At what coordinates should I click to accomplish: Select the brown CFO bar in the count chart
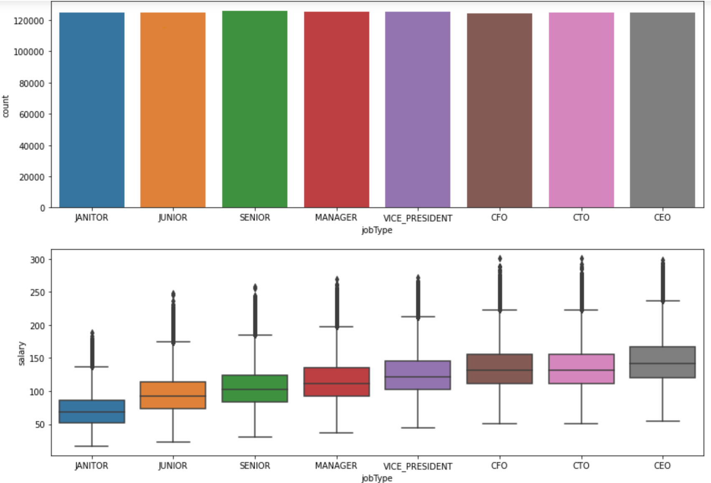[x=499, y=111]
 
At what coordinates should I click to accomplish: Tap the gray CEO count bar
[x=662, y=110]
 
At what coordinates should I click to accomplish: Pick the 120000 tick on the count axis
[x=29, y=20]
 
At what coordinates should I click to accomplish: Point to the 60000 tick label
[x=31, y=114]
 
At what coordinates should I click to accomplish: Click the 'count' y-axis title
[x=5, y=107]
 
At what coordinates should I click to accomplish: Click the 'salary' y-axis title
[x=22, y=353]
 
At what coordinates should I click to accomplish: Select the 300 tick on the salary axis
[x=37, y=259]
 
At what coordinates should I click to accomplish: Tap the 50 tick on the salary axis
[x=40, y=425]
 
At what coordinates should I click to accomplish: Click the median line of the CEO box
[x=662, y=364]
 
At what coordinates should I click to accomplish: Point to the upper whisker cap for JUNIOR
[x=173, y=342]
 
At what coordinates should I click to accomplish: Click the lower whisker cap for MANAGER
[x=336, y=433]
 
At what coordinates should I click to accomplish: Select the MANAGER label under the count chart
[x=336, y=218]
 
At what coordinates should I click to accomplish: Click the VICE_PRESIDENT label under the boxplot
[x=418, y=466]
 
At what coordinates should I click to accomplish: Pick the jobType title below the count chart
[x=377, y=230]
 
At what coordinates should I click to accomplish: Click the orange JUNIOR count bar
[x=173, y=110]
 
